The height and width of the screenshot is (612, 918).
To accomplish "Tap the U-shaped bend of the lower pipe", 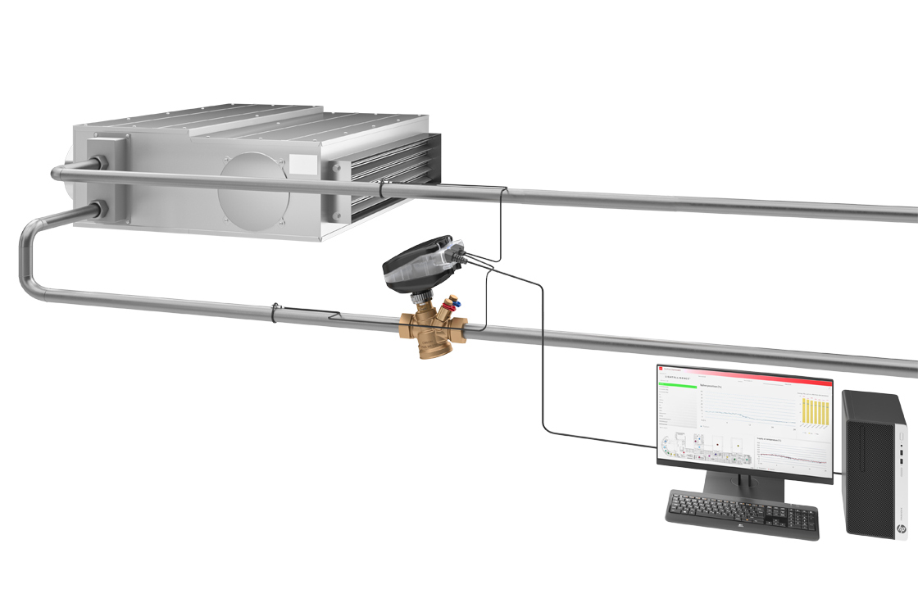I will point(28,262).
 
